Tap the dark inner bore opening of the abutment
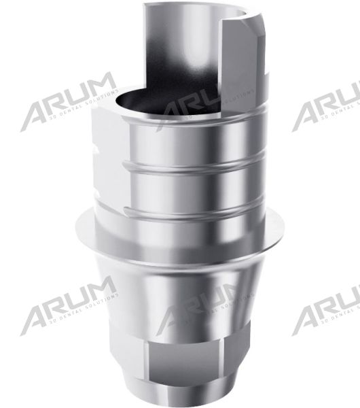(146, 102)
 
